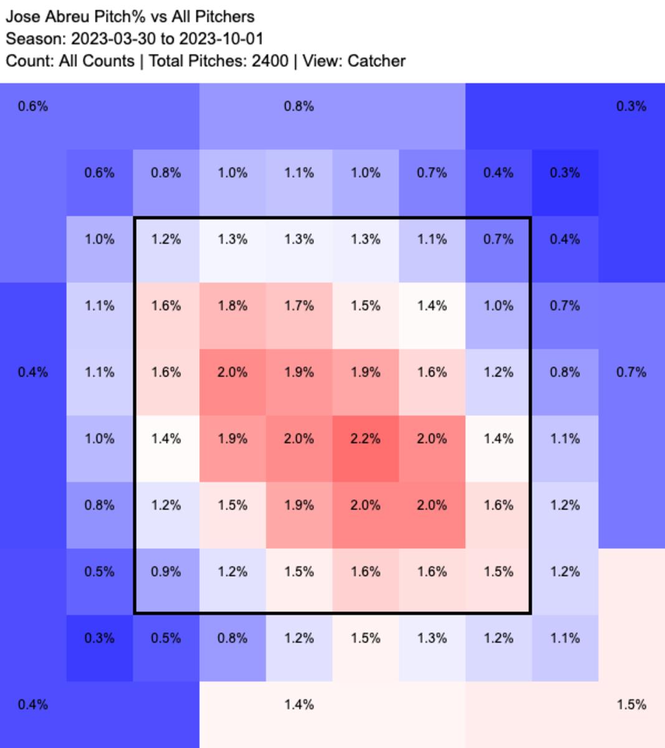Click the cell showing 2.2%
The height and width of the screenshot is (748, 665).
click(x=365, y=438)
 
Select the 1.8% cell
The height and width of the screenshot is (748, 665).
click(x=232, y=305)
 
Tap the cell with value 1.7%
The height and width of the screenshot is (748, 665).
click(x=299, y=305)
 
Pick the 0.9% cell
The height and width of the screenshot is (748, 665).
click(x=166, y=572)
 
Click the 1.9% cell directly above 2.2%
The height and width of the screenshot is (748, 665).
click(x=365, y=372)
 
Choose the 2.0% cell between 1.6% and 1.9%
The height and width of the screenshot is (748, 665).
click(x=232, y=372)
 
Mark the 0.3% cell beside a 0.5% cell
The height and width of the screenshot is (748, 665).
click(x=99, y=638)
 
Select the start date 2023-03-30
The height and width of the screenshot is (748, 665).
click(x=113, y=39)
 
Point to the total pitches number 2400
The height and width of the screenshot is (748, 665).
click(x=270, y=61)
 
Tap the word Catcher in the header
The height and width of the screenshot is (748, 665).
click(x=376, y=61)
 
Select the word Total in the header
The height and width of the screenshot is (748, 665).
click(x=166, y=61)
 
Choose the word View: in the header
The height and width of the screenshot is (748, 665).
click(x=323, y=61)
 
